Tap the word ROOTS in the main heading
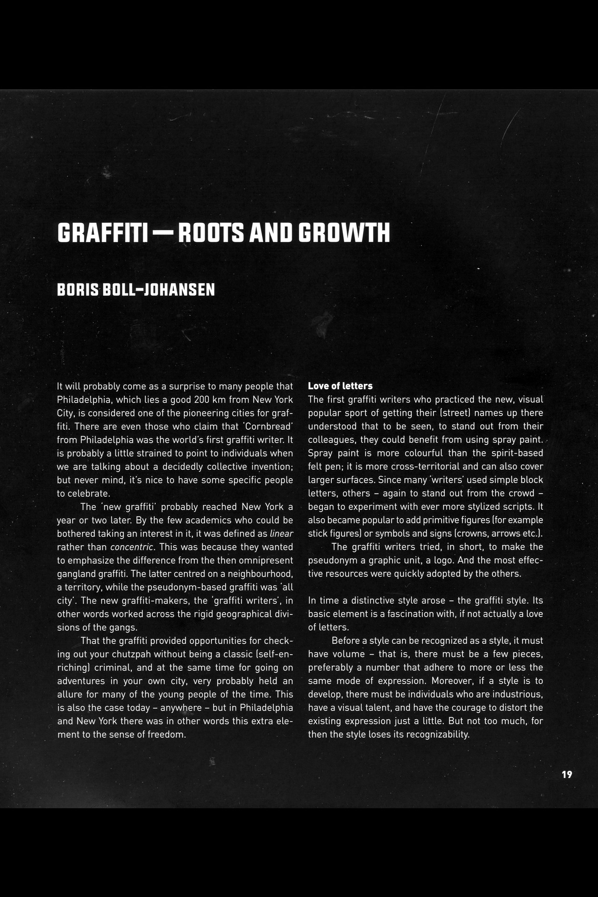tap(211, 233)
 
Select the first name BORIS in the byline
tap(78, 290)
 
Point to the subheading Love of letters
tap(340, 386)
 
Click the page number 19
tap(567, 775)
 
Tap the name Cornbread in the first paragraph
tap(268, 427)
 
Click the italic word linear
tap(281, 534)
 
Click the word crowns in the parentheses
tap(472, 534)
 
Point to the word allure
tap(71, 694)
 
